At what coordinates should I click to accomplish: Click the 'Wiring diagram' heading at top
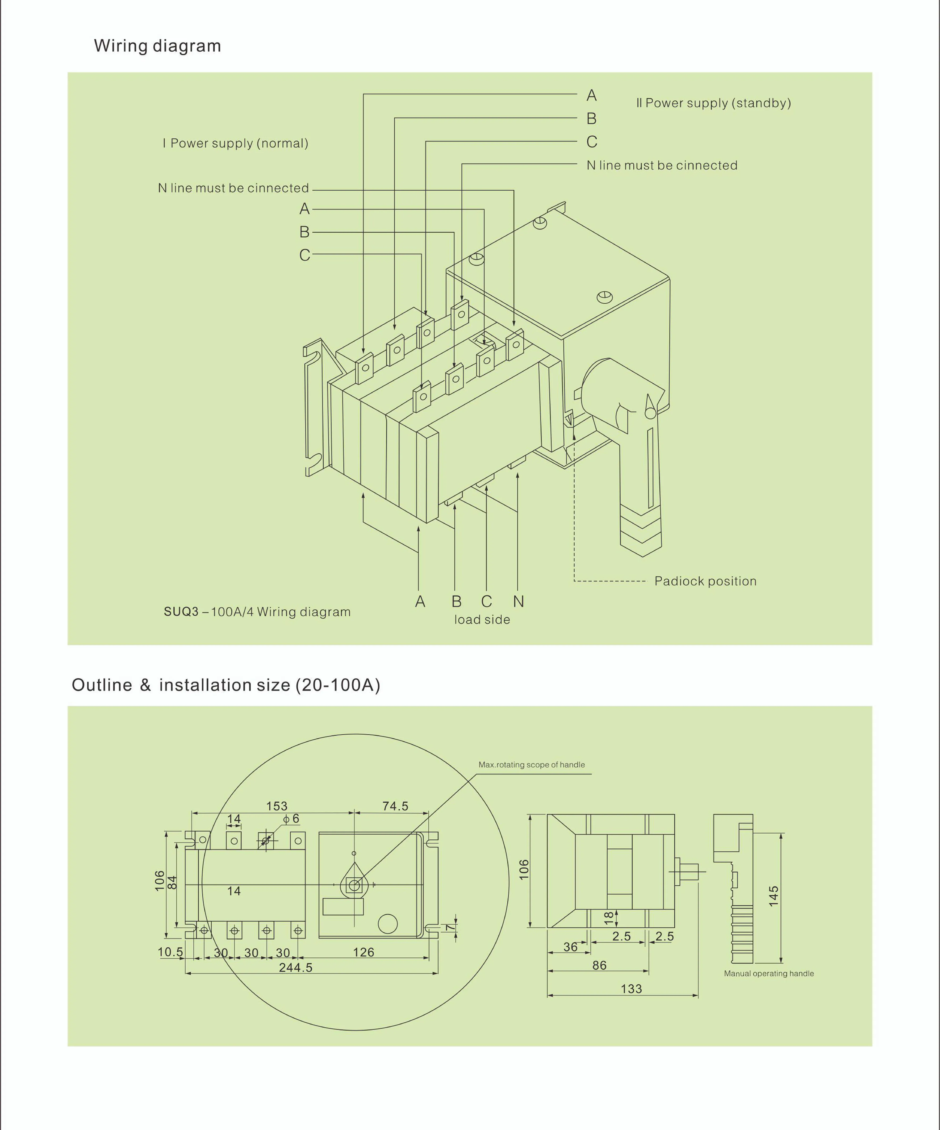[157, 46]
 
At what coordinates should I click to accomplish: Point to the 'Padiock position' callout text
[705, 581]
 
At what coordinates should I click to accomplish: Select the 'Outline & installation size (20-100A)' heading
[226, 685]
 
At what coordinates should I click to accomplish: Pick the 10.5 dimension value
[170, 952]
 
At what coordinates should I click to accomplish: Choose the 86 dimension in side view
[599, 965]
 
